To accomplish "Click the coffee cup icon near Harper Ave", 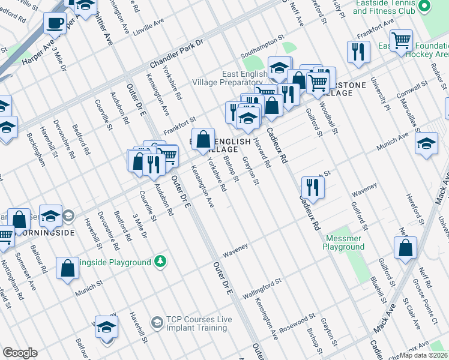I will click(x=55, y=23).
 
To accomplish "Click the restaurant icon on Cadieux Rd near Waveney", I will click(x=313, y=187).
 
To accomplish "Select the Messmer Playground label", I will click(x=343, y=242).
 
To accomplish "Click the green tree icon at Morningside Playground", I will click(x=160, y=262).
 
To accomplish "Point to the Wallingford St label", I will click(x=262, y=289).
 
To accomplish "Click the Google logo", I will click(x=20, y=353).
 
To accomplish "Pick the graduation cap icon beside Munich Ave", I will click(x=426, y=144).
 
